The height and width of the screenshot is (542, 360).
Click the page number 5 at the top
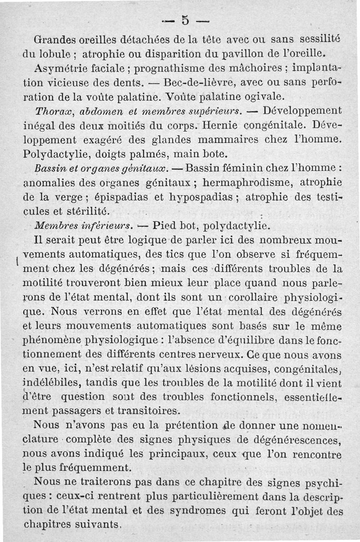pos(184,20)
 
